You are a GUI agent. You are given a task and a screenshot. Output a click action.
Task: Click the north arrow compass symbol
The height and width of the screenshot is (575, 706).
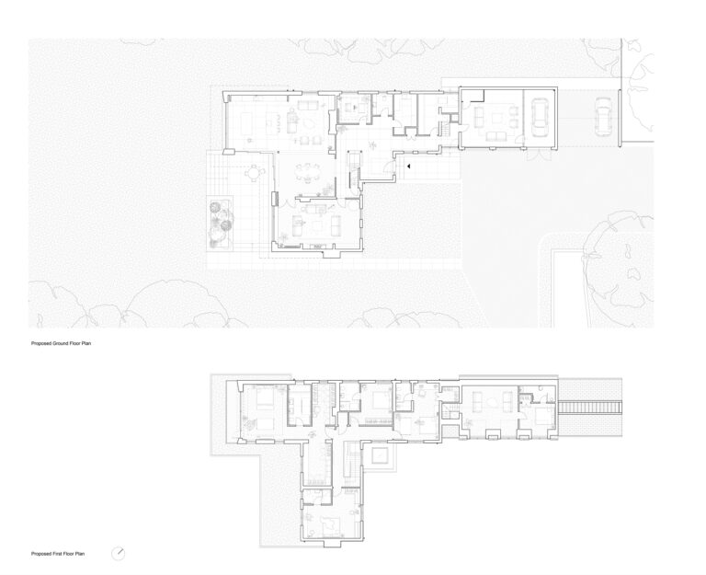(x=118, y=553)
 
